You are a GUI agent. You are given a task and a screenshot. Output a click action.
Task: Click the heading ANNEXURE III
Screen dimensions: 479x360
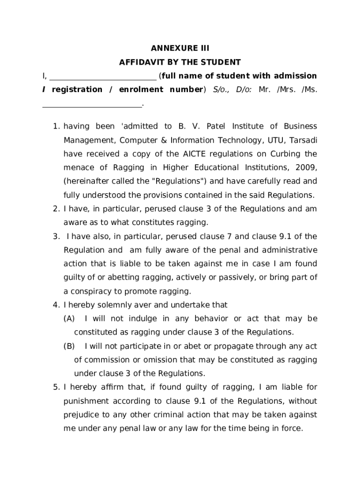point(180,48)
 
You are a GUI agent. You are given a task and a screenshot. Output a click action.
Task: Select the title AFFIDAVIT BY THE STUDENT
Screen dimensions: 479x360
point(180,62)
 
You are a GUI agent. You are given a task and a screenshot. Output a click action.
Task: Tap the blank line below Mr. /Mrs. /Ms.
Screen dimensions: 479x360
point(92,106)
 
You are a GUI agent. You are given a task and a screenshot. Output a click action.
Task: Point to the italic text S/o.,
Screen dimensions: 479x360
point(223,89)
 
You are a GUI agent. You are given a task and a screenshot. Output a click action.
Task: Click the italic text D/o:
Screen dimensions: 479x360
point(244,89)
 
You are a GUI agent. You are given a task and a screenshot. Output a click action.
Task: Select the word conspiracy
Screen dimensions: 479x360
point(92,291)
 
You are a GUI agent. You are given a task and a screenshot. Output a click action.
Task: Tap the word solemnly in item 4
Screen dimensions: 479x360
point(110,305)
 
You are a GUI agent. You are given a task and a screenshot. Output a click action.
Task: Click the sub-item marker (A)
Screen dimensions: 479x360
point(69,319)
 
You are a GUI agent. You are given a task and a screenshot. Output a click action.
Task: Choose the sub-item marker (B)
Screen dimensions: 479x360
point(69,346)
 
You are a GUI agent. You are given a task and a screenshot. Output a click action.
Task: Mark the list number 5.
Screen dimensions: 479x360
point(55,387)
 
